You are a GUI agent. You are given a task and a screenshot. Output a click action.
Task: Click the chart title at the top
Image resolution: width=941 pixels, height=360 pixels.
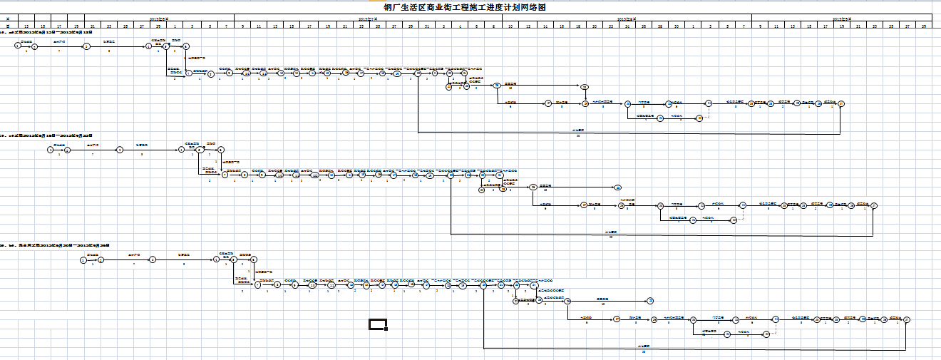[x=466, y=7]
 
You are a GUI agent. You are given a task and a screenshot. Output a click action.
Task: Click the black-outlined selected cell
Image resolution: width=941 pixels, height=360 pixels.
[x=377, y=325]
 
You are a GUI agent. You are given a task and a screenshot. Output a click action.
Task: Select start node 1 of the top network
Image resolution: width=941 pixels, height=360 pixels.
[x=17, y=46]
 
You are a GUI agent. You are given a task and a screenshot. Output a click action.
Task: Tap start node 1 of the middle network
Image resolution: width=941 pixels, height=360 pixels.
[x=50, y=150]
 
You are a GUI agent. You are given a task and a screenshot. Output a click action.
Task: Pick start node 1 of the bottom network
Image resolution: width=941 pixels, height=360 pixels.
[x=83, y=260]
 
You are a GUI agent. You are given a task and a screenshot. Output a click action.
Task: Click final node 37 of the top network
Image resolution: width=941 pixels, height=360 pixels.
[x=841, y=104]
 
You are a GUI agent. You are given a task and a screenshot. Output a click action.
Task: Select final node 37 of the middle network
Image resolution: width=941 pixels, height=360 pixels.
[x=874, y=206]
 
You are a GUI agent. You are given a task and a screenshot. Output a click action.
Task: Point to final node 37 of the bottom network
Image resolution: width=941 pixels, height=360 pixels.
[x=907, y=320]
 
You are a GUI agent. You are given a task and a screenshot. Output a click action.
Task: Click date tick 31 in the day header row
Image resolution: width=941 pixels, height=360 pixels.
[x=427, y=26]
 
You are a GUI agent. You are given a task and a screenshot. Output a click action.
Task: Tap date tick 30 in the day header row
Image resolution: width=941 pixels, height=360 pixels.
[x=676, y=26]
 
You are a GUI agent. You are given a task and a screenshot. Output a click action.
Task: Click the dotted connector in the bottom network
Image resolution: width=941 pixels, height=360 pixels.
[x=775, y=326]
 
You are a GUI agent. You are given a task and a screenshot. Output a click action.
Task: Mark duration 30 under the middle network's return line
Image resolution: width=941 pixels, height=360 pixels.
[x=611, y=237]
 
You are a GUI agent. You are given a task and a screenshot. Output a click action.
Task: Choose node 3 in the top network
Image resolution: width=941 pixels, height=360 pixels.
[x=86, y=46]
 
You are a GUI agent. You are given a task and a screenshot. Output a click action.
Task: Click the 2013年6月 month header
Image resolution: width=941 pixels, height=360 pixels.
[x=159, y=18]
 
